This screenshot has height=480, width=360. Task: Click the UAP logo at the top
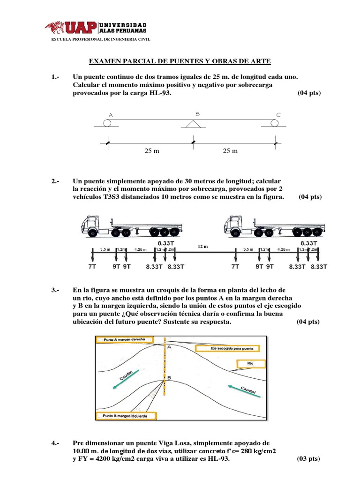coord(96,28)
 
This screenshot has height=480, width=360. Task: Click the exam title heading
coord(180,61)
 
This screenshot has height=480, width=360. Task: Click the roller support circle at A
coord(108,123)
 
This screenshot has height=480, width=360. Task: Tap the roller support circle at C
coord(275,123)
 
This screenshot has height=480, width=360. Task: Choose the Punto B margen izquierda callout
coord(126,416)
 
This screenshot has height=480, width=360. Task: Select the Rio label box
coord(250,363)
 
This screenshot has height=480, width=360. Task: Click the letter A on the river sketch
coord(168,347)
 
